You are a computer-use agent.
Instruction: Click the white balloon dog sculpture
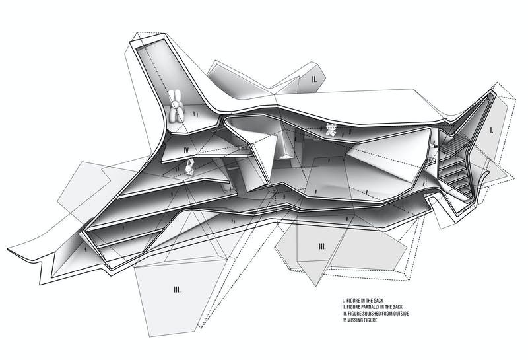click(176, 107)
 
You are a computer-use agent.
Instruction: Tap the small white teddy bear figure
click(331, 130)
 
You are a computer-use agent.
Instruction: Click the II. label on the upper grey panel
click(315, 79)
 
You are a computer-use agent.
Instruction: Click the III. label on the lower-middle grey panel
click(322, 246)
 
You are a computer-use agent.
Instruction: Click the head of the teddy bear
click(331, 126)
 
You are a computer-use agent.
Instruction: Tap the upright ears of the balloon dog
click(176, 95)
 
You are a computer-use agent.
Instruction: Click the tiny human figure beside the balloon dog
click(196, 115)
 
